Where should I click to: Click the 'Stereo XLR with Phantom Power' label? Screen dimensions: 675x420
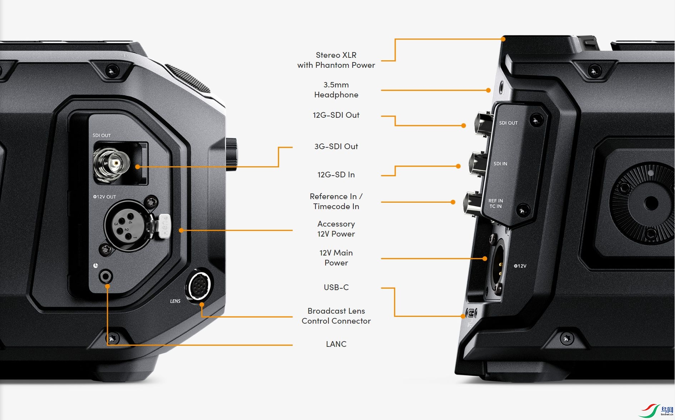pos(336,60)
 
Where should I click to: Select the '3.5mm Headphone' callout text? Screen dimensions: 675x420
pos(336,90)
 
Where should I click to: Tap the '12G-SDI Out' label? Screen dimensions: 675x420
pos(336,115)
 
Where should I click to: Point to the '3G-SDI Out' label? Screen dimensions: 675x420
pos(336,146)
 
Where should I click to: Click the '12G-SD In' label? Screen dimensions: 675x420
pos(336,174)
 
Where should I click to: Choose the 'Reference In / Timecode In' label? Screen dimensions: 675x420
pos(336,201)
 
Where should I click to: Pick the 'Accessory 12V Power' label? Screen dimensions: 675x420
pos(336,229)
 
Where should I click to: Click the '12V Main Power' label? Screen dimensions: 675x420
pos(336,258)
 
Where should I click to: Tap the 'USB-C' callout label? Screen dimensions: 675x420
pos(336,287)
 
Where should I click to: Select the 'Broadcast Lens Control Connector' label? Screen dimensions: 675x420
pos(336,316)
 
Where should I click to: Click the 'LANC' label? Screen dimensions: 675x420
pos(336,344)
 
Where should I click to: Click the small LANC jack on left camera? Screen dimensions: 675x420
pos(106,276)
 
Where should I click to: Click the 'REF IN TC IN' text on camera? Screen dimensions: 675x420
pos(495,203)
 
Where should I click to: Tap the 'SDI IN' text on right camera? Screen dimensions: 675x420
pos(500,164)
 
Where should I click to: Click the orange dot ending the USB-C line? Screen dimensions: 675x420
pos(463,316)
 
